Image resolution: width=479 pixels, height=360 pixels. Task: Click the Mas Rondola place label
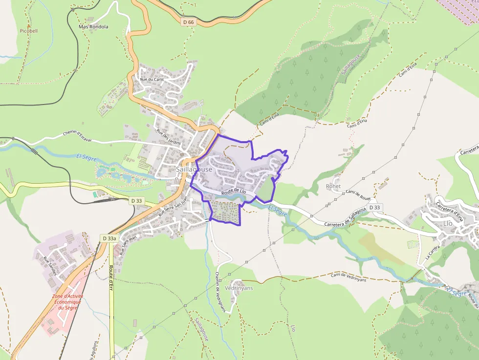click(x=93, y=26)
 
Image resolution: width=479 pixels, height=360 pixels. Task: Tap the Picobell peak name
click(x=29, y=31)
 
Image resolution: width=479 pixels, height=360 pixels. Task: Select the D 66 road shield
click(x=188, y=22)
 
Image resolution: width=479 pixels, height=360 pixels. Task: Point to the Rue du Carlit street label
click(x=152, y=79)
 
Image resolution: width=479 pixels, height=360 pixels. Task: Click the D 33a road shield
click(x=109, y=238)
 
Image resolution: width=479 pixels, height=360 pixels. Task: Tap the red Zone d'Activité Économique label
click(x=68, y=302)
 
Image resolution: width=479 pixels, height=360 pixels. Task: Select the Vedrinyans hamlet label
click(x=239, y=288)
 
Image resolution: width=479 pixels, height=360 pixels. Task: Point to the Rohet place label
click(x=333, y=186)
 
